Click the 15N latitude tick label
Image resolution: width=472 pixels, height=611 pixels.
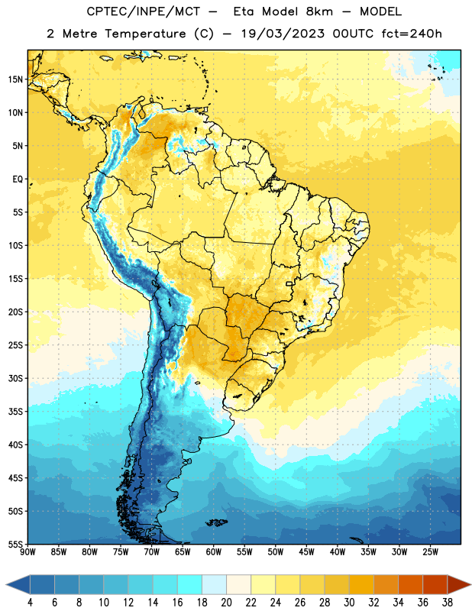(15, 79)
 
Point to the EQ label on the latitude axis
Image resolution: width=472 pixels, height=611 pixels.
(18, 179)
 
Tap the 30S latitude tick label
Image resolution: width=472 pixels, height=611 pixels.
(15, 378)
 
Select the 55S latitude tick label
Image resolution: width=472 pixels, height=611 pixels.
(15, 544)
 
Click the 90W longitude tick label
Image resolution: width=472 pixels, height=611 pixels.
(27, 551)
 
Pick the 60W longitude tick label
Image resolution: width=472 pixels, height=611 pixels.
(214, 551)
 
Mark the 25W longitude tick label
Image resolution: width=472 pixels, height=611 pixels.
(430, 551)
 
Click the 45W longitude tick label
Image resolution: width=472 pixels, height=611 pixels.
(306, 551)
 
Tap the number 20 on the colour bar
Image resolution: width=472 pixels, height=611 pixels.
(226, 603)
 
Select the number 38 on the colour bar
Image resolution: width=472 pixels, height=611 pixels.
(448, 603)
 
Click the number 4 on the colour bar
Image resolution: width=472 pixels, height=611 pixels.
(30, 603)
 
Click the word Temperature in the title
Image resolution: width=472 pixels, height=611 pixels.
(145, 34)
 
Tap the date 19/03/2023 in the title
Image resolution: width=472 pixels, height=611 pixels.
(283, 34)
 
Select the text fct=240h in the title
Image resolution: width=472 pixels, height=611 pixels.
(412, 34)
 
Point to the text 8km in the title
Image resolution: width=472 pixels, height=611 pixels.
(319, 11)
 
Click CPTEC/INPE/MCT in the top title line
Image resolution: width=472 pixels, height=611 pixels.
(143, 11)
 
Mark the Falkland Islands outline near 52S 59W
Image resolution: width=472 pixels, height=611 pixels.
(216, 522)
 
